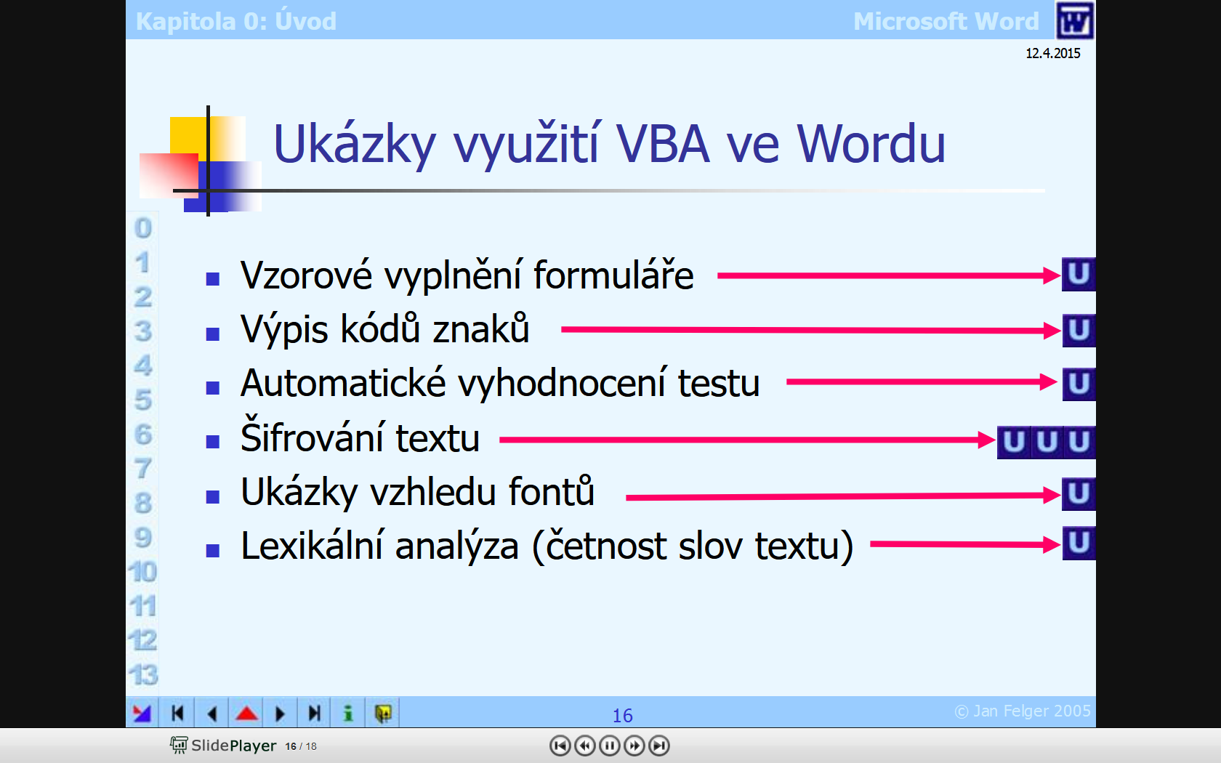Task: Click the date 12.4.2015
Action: (x=1052, y=54)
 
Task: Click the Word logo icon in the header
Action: (x=1074, y=20)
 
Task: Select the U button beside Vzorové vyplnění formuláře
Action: (x=1079, y=274)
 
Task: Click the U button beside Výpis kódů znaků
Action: (x=1079, y=330)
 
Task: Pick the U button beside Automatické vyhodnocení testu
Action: (x=1079, y=384)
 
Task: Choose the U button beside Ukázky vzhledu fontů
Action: (x=1079, y=494)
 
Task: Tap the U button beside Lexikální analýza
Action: (x=1079, y=543)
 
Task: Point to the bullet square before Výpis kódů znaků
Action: (x=212, y=334)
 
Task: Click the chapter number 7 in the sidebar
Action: (x=142, y=469)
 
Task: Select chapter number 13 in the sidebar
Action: (x=142, y=674)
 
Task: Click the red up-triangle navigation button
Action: (x=246, y=714)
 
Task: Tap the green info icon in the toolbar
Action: (x=348, y=714)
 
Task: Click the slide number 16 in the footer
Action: (x=622, y=716)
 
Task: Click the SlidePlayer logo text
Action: (x=233, y=746)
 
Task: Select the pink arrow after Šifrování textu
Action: (x=747, y=440)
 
